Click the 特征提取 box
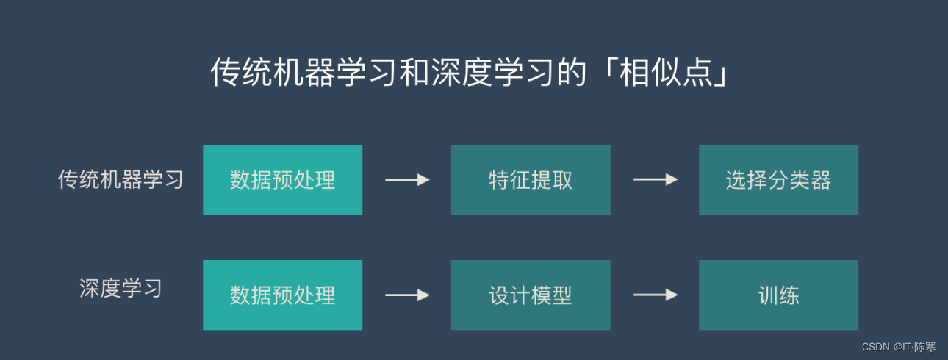[530, 180]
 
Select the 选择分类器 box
[778, 180]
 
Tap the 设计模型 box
[530, 295]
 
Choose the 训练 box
[778, 295]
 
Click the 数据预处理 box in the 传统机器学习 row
[282, 180]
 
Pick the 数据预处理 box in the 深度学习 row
[282, 295]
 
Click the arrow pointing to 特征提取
[407, 179]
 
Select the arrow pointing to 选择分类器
[656, 179]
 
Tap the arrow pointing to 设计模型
[407, 295]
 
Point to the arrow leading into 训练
[656, 295]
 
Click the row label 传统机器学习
[121, 179]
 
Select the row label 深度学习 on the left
[121, 288]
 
